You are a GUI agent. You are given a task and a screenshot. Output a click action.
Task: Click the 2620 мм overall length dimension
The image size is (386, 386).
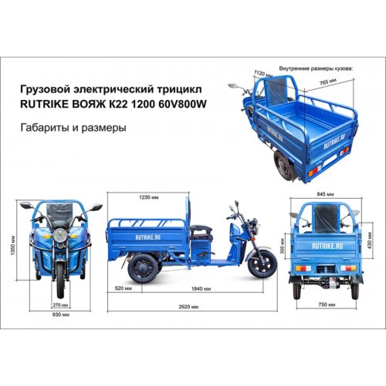coord(189,307)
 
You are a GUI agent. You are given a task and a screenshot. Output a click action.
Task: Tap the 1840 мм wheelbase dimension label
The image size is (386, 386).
coord(201,289)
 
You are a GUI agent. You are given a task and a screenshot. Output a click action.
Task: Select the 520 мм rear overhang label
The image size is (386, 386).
coord(124,288)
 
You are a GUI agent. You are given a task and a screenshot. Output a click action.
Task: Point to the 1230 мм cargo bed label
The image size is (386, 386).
coord(149,197)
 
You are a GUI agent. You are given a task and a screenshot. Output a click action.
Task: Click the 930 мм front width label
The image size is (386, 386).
coord(61,314)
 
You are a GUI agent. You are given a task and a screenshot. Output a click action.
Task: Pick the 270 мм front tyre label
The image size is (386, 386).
coord(60,305)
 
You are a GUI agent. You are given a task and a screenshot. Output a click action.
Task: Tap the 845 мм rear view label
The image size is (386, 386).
coord(325,194)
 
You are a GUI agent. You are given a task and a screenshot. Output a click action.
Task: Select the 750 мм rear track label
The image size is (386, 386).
coord(327,305)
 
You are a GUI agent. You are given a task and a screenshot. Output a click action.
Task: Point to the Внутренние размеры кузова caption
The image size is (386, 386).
coord(316,69)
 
